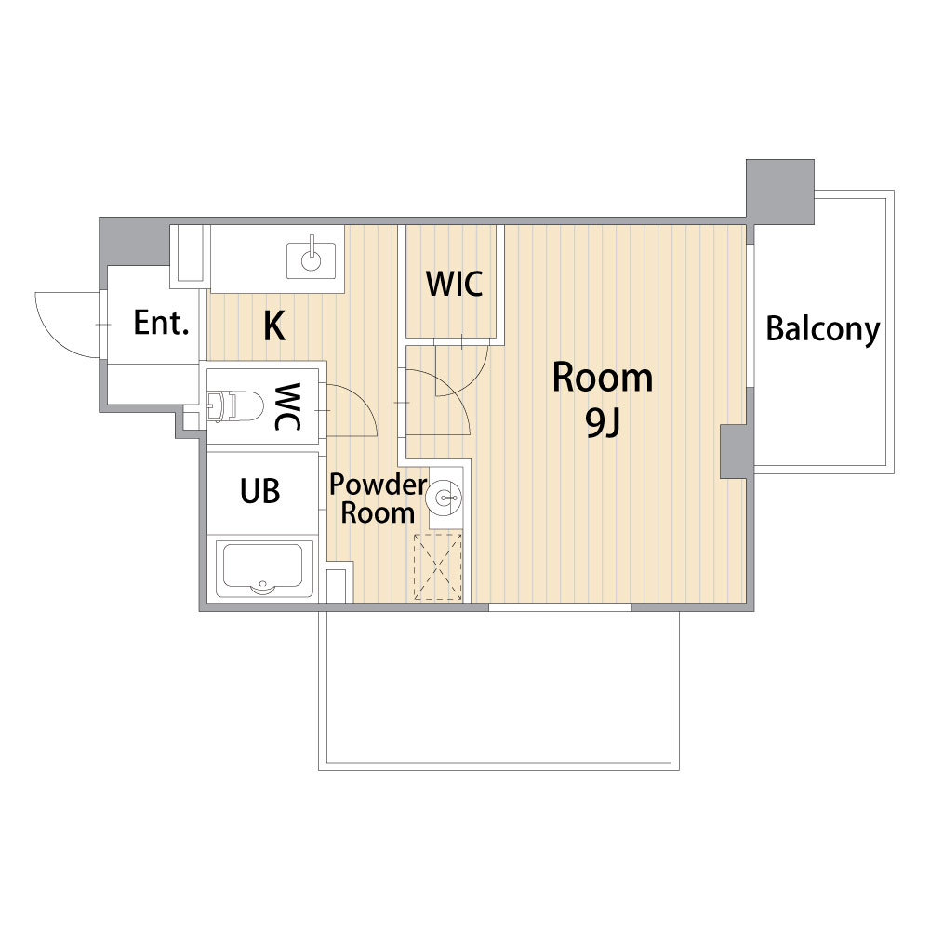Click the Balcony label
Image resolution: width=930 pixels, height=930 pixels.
[x=823, y=329]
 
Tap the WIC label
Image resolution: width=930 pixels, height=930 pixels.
[x=455, y=284]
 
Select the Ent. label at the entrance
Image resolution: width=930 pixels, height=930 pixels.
[x=161, y=324]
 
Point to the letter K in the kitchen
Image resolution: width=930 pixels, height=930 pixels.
[x=274, y=325]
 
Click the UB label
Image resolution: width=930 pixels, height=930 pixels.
[x=259, y=491]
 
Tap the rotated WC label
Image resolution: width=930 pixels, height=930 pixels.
[x=287, y=406]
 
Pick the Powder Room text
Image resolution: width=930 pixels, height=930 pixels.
[x=378, y=498]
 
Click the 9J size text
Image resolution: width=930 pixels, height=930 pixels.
[x=603, y=422]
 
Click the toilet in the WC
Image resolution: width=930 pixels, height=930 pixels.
[x=235, y=406]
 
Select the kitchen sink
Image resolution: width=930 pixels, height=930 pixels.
[x=312, y=259]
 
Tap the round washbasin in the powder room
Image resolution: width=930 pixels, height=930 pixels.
[x=445, y=497]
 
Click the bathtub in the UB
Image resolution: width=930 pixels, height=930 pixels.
[x=263, y=569]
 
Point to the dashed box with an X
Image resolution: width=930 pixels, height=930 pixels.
[x=438, y=567]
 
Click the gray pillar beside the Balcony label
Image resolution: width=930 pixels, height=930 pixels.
[x=734, y=451]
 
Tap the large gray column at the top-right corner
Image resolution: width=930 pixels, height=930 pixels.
[x=780, y=192]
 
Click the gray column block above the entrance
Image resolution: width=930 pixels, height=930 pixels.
[x=134, y=242]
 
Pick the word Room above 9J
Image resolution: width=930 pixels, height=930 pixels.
[x=603, y=378]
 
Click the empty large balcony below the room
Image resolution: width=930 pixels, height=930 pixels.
[x=498, y=688]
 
